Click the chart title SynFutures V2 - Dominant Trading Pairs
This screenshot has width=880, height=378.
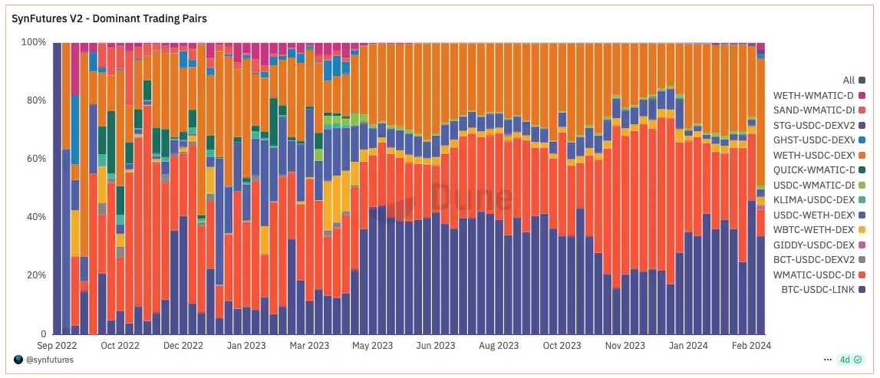pyautogui.click(x=110, y=17)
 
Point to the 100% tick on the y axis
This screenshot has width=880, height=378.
pyautogui.click(x=34, y=42)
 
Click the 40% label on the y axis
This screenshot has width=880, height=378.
pyautogui.click(x=36, y=217)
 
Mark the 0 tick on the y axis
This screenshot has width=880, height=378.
pyautogui.click(x=43, y=334)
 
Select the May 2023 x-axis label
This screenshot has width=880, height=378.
pyautogui.click(x=372, y=346)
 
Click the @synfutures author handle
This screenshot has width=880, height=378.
pyautogui.click(x=49, y=360)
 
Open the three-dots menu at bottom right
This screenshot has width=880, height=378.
pyautogui.click(x=827, y=360)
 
